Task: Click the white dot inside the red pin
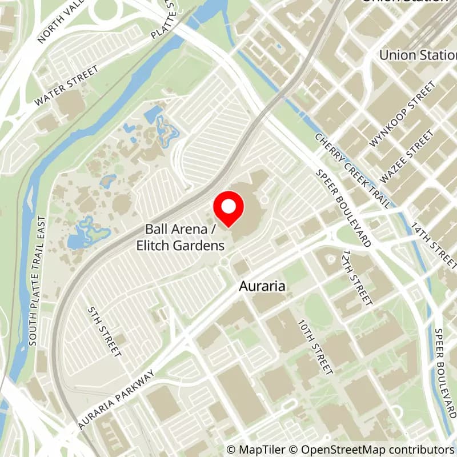tap(228, 207)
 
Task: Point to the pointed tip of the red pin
tap(228, 227)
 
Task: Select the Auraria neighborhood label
tap(262, 286)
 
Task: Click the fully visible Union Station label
tap(418, 55)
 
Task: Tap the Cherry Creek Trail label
tap(352, 170)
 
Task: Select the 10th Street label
tap(315, 347)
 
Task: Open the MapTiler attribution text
tap(255, 450)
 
